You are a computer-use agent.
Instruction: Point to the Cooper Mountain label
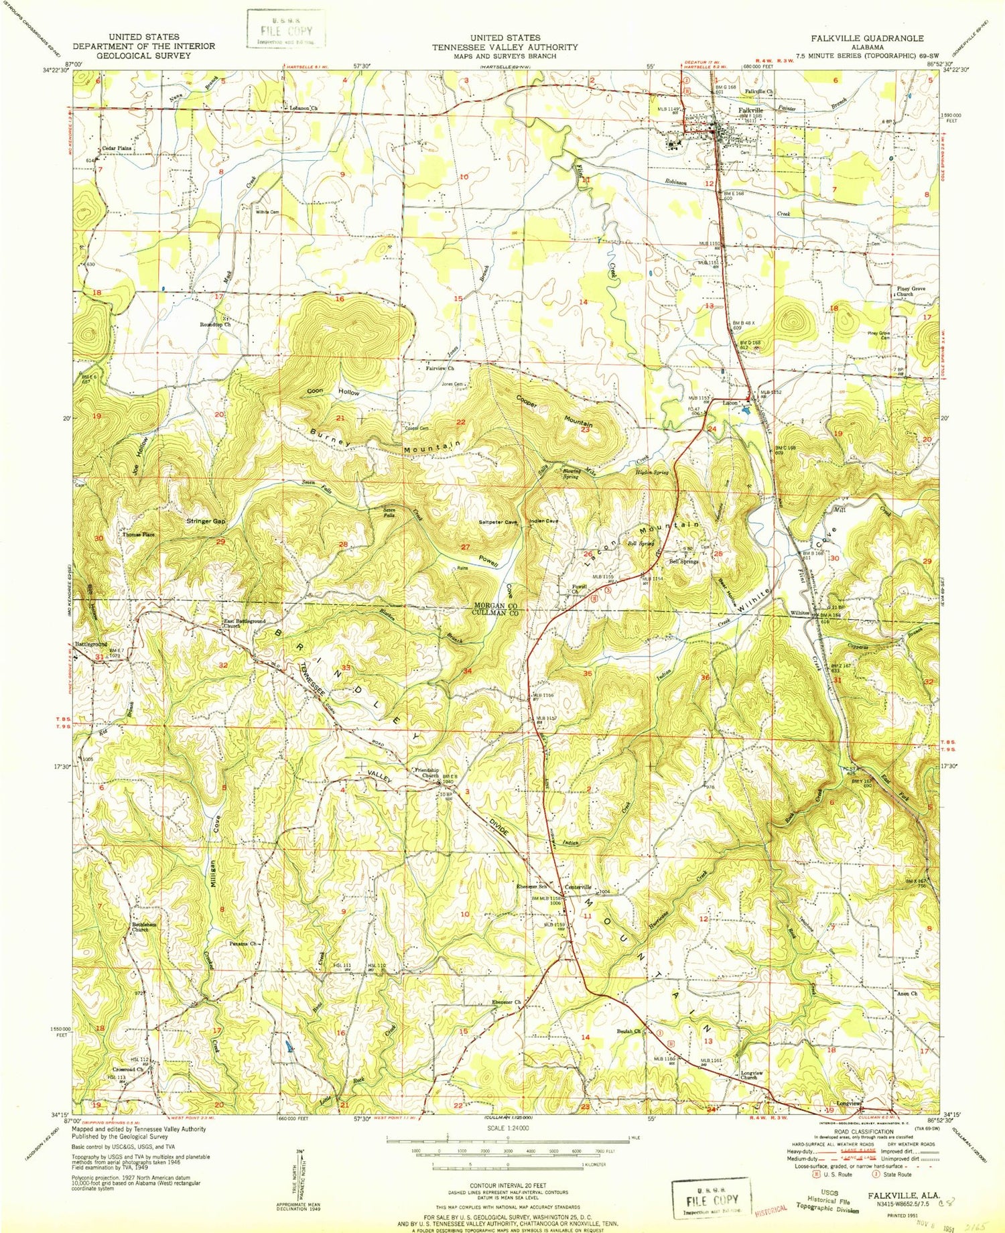(554, 411)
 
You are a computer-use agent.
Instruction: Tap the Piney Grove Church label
(904, 291)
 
